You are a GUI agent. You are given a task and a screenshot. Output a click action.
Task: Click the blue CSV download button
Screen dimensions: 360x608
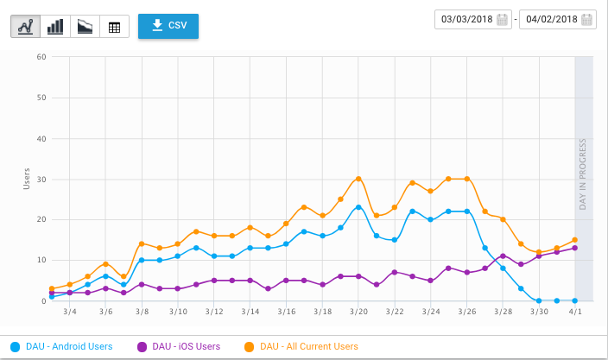[168, 26]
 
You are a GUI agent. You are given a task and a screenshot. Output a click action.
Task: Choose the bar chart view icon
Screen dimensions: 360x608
[55, 27]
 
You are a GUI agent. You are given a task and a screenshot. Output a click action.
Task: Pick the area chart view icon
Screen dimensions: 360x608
[85, 27]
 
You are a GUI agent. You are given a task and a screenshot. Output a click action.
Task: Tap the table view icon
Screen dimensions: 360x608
[114, 27]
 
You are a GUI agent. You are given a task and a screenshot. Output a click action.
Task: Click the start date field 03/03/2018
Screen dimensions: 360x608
[474, 20]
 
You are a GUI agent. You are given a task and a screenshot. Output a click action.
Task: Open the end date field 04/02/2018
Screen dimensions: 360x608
[557, 20]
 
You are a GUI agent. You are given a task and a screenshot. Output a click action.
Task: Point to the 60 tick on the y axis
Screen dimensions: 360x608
[41, 57]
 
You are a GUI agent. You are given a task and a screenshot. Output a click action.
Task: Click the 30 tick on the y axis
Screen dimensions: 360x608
[41, 179]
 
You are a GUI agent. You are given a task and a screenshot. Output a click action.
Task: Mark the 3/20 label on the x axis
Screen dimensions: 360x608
[358, 311]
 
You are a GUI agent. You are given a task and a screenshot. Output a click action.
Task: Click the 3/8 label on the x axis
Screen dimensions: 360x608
[142, 311]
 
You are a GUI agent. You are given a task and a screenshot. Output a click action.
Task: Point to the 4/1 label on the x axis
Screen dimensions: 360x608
[575, 311]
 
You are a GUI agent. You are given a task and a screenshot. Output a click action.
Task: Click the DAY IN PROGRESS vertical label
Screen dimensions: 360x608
[583, 174]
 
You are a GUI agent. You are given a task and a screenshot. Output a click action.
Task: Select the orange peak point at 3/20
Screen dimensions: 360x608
[358, 179]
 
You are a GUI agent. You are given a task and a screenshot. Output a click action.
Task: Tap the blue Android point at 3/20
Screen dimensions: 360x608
[358, 207]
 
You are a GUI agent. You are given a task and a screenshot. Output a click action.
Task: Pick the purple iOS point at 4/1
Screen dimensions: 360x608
[575, 248]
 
